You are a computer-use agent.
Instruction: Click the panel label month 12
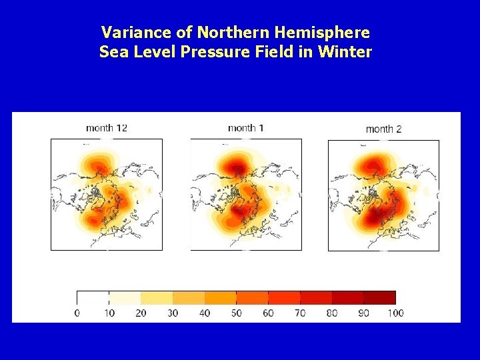[x=107, y=127]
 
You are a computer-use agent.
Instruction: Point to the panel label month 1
[x=245, y=127]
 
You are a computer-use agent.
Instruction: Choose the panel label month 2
[x=383, y=129]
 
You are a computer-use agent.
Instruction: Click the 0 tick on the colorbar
[x=77, y=313]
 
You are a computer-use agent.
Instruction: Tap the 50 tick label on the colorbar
[x=236, y=313]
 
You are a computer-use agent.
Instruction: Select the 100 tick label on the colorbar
[x=395, y=313]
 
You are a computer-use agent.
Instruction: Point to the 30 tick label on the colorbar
[x=172, y=313]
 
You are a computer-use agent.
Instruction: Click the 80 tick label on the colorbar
[x=331, y=313]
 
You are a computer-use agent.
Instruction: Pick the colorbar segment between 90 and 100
[x=379, y=297]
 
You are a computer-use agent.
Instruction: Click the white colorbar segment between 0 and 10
[x=93, y=297]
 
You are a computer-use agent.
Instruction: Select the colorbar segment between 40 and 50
[x=220, y=297]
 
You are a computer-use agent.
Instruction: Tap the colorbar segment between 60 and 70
[x=284, y=297]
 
